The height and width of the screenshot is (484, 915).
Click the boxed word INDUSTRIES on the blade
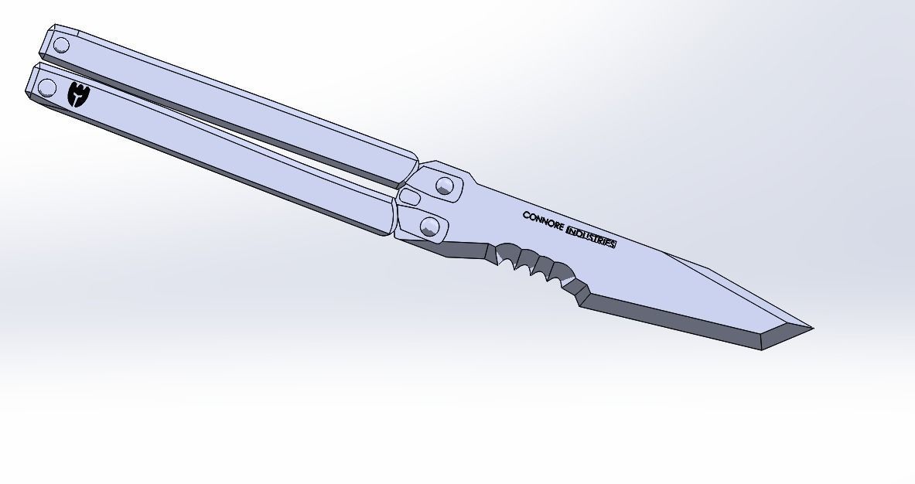(592, 237)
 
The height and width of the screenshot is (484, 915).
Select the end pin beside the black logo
(47, 87)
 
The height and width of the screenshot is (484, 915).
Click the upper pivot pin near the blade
(444, 186)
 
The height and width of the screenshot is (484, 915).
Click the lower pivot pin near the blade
(430, 227)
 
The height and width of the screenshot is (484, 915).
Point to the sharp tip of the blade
(811, 329)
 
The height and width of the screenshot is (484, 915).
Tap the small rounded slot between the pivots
(410, 199)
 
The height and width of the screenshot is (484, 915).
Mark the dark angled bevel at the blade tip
(785, 338)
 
